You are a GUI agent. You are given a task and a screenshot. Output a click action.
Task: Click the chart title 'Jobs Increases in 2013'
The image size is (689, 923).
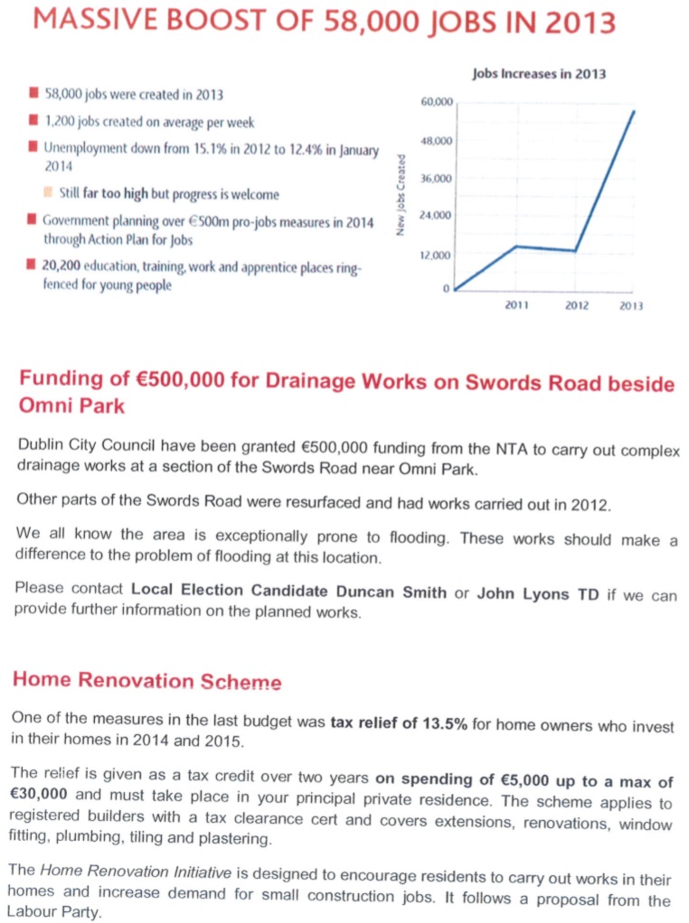coord(539,73)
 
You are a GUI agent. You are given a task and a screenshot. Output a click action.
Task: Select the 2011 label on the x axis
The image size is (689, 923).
coord(516,306)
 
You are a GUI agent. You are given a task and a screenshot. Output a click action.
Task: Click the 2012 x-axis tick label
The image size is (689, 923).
coord(577,306)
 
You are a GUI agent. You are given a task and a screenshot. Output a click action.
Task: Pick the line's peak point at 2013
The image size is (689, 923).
coord(634,111)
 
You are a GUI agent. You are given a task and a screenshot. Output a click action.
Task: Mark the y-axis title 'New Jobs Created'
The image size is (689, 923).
coord(401,195)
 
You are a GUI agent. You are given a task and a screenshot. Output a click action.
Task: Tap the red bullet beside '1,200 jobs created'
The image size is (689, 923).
coord(33,120)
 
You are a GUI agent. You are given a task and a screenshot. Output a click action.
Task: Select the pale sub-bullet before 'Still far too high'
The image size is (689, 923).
coord(49,192)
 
